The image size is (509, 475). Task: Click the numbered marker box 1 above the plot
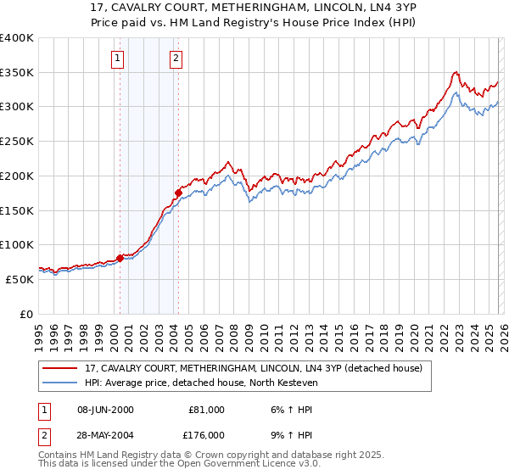pos(117,59)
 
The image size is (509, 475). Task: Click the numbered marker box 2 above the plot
pos(176,59)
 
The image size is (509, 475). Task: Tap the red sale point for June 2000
pos(120,259)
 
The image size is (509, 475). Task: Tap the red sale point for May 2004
pos(178,193)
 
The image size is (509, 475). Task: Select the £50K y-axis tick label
pos(20,279)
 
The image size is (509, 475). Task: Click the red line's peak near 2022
pos(456,72)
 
